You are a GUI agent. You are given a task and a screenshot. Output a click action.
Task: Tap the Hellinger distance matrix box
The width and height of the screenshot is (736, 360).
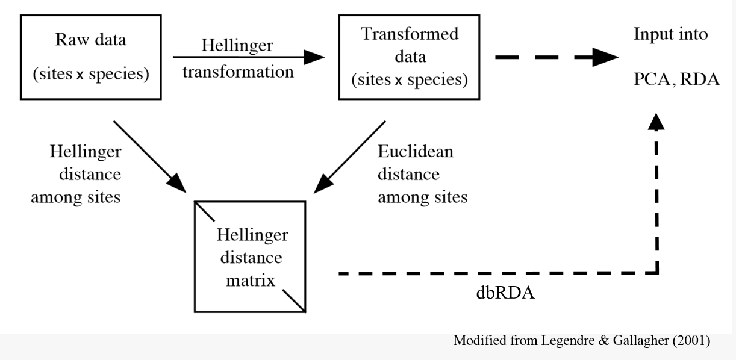pyautogui.click(x=249, y=256)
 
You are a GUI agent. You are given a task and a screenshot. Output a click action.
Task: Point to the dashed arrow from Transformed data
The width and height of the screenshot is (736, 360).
pyautogui.click(x=557, y=58)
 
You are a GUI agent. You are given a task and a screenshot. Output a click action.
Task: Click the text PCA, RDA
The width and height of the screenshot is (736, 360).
pyautogui.click(x=676, y=79)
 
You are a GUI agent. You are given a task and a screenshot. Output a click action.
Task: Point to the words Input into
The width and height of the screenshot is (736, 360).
pyautogui.click(x=670, y=34)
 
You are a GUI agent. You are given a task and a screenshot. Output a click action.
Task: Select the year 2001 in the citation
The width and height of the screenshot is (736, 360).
pyautogui.click(x=690, y=341)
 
